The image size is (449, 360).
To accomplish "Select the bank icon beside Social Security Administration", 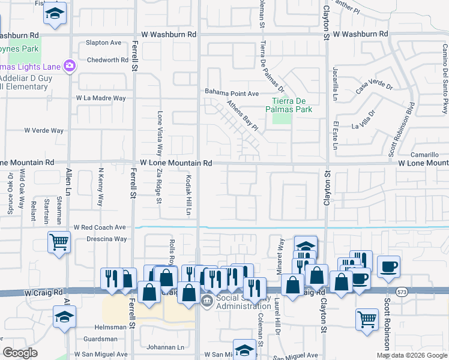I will tap(206, 301).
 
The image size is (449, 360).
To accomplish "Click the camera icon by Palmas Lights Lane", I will tap(70, 65).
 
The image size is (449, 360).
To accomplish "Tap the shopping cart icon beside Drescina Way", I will tap(59, 242).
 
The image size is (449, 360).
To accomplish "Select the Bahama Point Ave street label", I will tap(232, 93).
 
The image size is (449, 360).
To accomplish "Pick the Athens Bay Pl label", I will tap(242, 115).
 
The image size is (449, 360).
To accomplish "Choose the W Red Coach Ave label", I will tap(100, 228).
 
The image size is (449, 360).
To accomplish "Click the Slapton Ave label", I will tap(103, 43).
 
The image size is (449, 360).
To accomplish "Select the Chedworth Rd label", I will tap(107, 60).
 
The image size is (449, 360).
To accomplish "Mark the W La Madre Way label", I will tap(101, 98).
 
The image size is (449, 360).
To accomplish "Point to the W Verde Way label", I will tap(44, 130).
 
